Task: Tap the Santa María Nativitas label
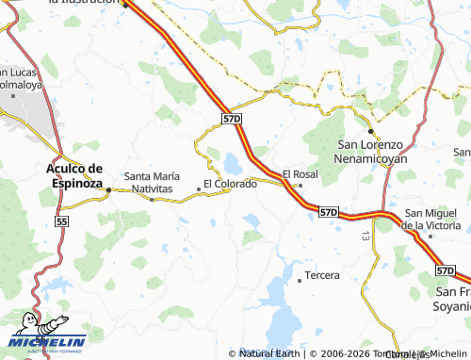(x=151, y=182)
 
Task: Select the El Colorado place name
(x=230, y=183)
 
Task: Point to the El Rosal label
(x=300, y=174)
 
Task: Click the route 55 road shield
(x=62, y=221)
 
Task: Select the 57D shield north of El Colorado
(x=234, y=119)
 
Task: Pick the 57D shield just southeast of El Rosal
(x=328, y=213)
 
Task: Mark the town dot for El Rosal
(x=300, y=186)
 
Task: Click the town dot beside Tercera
(x=299, y=279)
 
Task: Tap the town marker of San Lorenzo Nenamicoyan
(x=371, y=132)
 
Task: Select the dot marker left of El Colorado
(x=198, y=188)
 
